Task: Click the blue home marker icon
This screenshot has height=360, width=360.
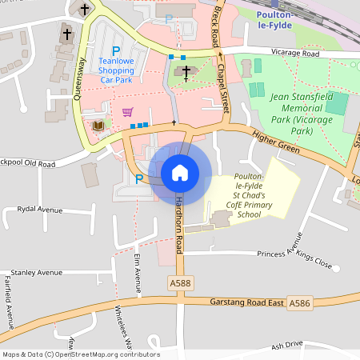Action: coord(180,173)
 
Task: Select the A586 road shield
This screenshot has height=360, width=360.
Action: coord(298,303)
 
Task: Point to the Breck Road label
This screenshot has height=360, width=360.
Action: coord(218,24)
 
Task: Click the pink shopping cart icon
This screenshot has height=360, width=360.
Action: coord(126,111)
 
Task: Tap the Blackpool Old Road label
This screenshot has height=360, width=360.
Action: coord(27,164)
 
